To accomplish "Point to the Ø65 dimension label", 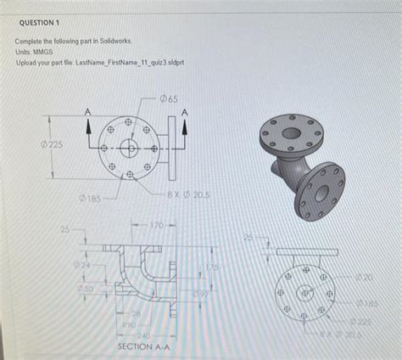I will [168, 100].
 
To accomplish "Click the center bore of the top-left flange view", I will [129, 149].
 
